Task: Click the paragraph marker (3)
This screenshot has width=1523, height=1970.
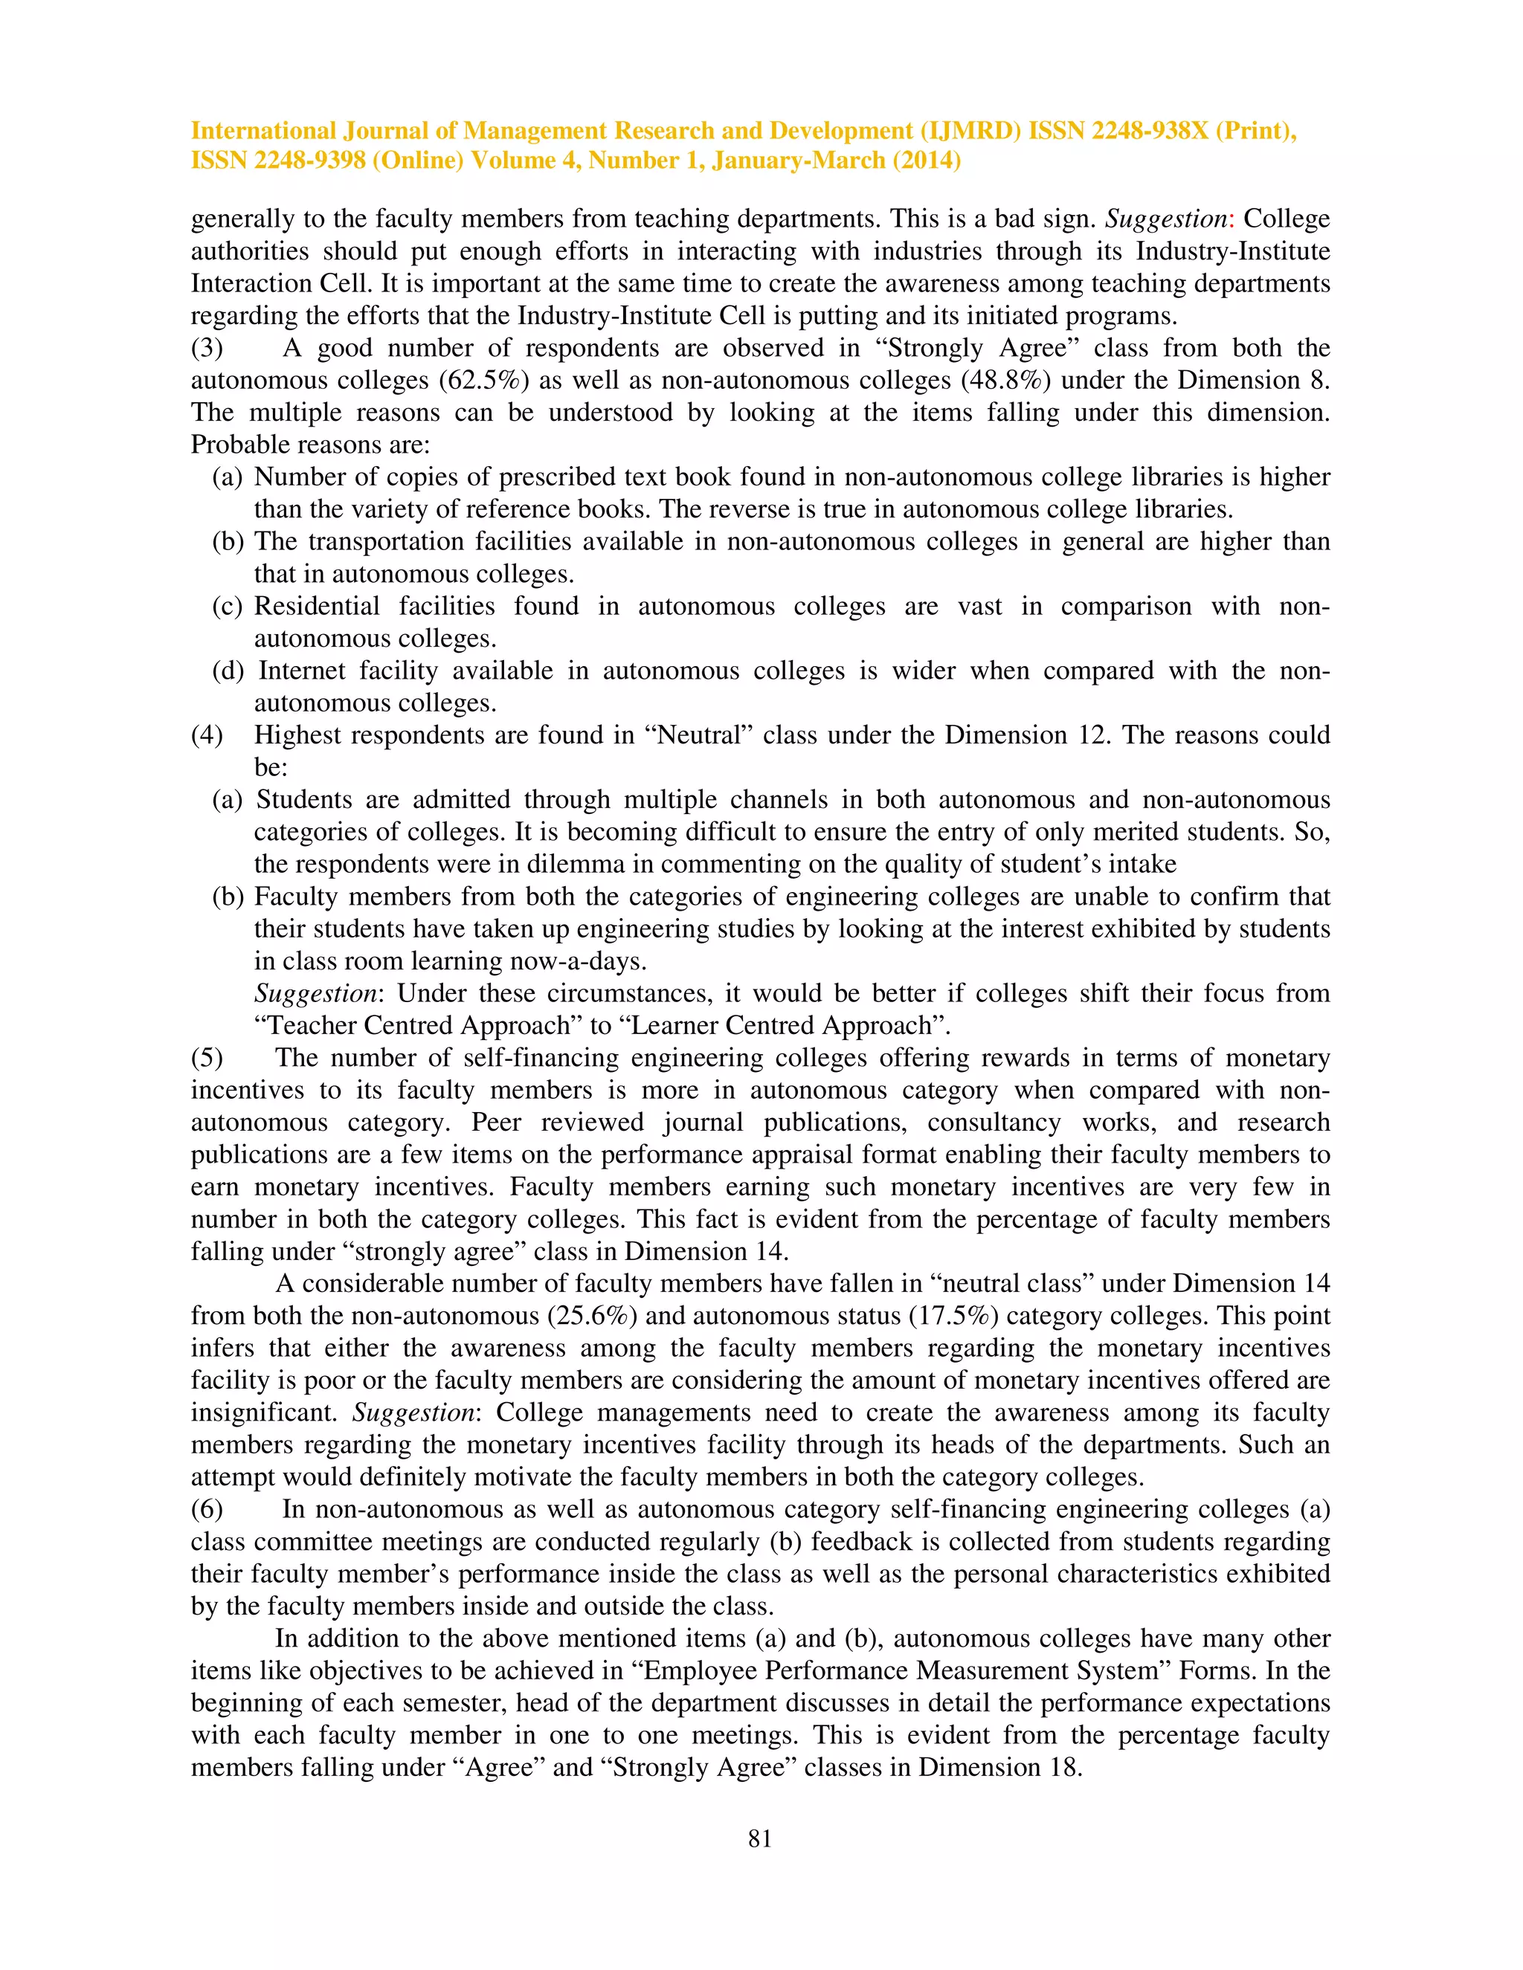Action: click(207, 348)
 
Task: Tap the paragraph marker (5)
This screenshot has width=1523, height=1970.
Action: click(207, 1057)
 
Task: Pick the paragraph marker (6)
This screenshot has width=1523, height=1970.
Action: click(207, 1509)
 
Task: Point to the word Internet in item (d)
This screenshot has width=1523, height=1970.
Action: click(301, 671)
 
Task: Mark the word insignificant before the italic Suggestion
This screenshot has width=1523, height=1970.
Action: click(266, 1412)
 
